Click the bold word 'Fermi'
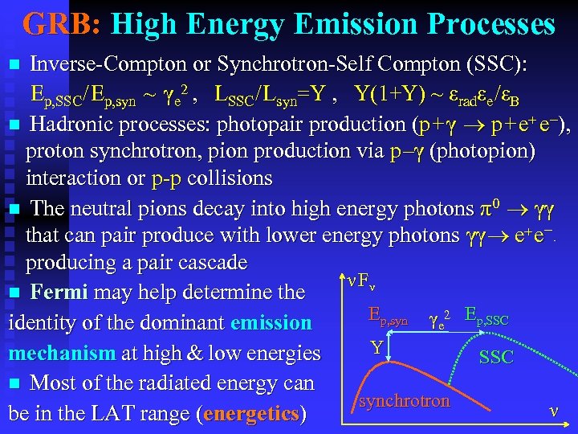60,292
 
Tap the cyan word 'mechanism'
60,353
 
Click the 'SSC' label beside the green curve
495,357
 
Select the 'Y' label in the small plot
376,347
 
